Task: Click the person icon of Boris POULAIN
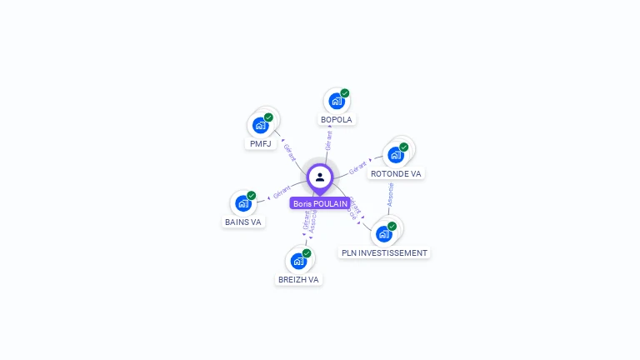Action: click(320, 177)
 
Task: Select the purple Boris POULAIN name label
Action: click(320, 203)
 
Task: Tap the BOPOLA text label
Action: click(337, 119)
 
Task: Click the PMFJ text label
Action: click(261, 143)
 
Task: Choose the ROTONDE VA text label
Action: click(396, 173)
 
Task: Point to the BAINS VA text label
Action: click(243, 222)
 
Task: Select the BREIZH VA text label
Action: click(298, 279)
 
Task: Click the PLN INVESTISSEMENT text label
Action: click(384, 252)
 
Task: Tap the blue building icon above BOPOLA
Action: click(336, 102)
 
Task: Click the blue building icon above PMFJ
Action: click(260, 126)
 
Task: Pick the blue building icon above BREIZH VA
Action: click(297, 261)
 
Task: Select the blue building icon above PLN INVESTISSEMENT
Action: click(383, 234)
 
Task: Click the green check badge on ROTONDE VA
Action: click(404, 147)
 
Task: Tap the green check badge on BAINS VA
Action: click(252, 196)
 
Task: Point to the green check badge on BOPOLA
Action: click(345, 93)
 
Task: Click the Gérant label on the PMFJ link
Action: click(290, 152)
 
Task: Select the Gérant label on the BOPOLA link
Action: click(328, 140)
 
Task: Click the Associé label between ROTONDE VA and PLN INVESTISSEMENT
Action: click(389, 195)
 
